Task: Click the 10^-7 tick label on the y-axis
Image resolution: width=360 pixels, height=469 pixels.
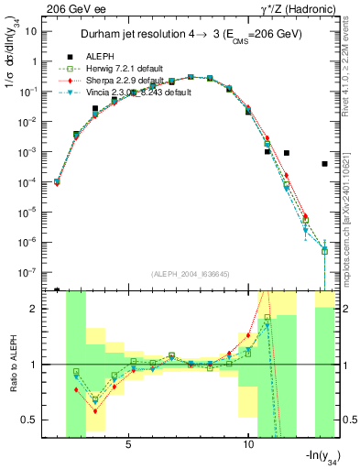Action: (33, 272)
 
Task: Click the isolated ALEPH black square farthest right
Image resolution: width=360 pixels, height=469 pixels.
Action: (325, 164)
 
